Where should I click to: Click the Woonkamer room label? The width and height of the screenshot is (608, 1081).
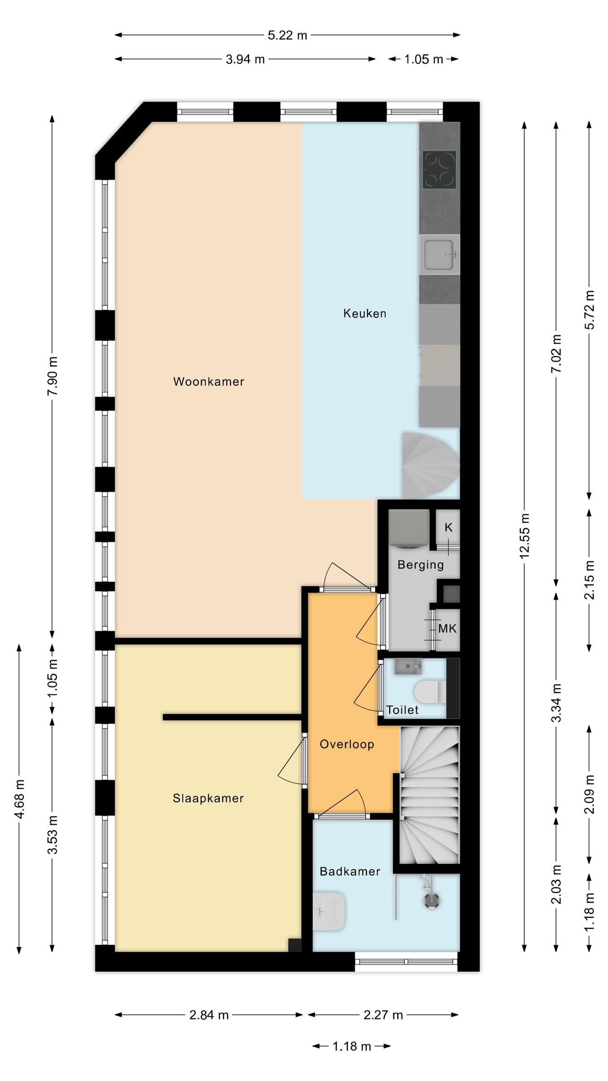coord(209,382)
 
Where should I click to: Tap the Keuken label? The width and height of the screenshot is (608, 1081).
coord(364,313)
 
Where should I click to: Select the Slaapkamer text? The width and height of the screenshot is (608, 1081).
coord(208,798)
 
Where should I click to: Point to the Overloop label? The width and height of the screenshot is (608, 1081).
coord(347,744)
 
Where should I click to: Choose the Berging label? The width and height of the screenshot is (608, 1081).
coord(421,565)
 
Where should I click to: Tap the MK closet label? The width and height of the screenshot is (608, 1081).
coord(447,629)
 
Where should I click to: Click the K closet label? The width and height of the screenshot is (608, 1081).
coord(448,527)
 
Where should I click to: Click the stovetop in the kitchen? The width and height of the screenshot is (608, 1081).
coord(440,170)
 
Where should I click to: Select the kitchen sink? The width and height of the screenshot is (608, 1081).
coord(439,255)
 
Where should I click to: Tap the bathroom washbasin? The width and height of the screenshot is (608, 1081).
coord(331,911)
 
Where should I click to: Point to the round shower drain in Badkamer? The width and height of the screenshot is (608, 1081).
coord(431,899)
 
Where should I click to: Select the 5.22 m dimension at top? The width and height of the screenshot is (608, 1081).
coord(287,35)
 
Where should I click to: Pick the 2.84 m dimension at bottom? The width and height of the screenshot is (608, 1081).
coord(209,1015)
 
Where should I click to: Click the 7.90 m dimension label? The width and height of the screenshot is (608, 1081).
coord(52,376)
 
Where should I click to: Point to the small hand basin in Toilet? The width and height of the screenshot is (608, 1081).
coord(408,666)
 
